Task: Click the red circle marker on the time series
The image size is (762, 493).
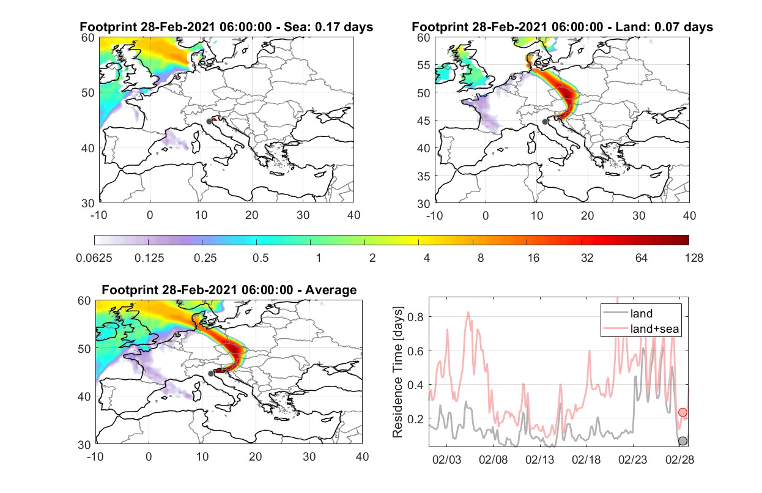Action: point(682,412)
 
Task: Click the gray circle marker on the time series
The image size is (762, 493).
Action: point(682,441)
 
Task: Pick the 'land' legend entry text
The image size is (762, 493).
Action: point(642,313)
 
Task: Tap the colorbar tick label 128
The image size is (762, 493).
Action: point(694,258)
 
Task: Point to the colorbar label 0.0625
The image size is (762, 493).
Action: point(94,258)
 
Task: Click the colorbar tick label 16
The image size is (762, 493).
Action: point(533,258)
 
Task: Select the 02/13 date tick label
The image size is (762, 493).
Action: point(539,459)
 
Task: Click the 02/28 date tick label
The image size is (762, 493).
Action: point(679,459)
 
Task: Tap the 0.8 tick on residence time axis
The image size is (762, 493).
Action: point(415,317)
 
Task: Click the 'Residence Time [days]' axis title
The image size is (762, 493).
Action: point(398,373)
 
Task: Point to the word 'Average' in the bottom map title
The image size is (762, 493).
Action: point(331,290)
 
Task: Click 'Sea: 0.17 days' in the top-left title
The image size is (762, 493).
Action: point(328,27)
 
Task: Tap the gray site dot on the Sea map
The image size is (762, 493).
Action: point(209,122)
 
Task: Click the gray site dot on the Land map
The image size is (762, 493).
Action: point(545,122)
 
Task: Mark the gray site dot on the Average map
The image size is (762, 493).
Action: point(211,374)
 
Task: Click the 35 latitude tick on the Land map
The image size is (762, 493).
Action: point(424,176)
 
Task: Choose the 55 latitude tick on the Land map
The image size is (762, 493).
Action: point(424,65)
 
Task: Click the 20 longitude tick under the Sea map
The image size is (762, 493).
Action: point(252,215)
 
